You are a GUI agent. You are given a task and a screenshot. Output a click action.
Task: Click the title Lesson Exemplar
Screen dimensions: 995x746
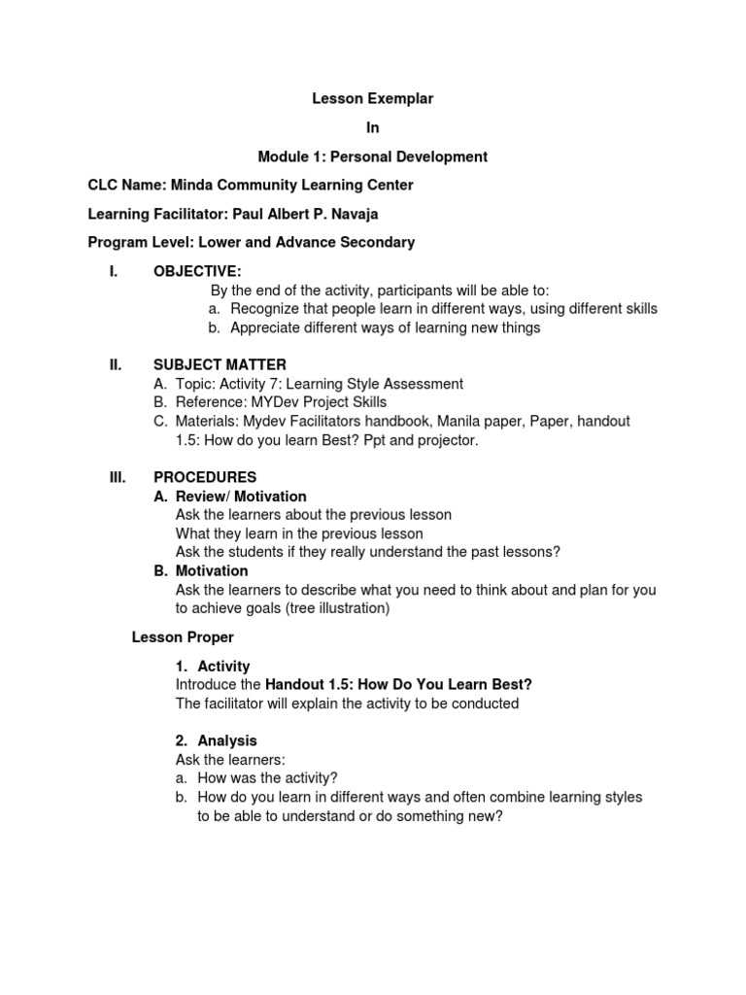[x=372, y=98]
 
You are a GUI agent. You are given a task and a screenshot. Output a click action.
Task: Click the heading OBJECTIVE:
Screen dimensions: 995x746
[x=197, y=271]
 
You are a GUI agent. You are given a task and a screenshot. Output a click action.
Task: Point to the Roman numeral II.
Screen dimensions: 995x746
[x=116, y=365]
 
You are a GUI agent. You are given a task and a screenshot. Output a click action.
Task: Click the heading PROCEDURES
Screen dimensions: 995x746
[x=205, y=477]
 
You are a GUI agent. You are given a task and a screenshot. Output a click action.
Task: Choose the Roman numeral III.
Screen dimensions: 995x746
[x=118, y=477]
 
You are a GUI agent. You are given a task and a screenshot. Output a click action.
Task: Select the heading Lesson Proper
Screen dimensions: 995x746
[x=183, y=637]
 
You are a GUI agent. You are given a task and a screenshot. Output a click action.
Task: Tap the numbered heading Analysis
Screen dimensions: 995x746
[x=227, y=740]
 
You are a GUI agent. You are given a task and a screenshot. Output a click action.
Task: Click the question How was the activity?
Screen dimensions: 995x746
[x=267, y=778]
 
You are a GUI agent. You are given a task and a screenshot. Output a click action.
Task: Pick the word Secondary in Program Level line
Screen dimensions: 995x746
[x=379, y=242]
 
